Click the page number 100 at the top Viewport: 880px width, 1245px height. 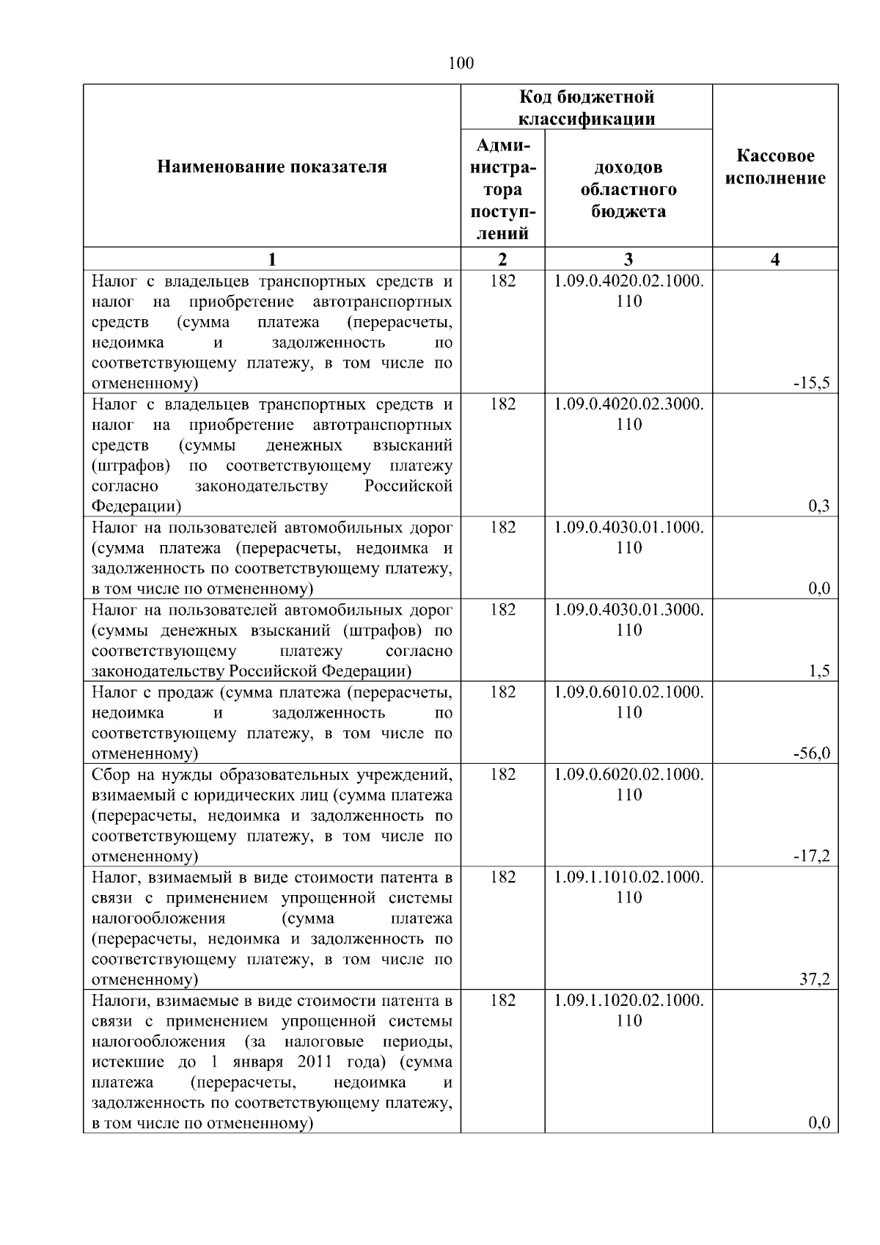461,63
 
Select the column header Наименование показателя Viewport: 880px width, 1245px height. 271,167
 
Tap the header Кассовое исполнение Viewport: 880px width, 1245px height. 775,167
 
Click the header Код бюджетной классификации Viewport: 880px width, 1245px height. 587,108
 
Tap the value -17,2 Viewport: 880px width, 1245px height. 813,856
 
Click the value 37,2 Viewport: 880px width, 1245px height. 815,979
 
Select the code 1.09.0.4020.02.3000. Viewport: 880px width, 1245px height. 628,404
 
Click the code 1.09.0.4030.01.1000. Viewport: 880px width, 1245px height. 628,527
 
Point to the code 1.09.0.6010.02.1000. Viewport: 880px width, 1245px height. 628,693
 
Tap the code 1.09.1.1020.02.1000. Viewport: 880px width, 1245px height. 628,1001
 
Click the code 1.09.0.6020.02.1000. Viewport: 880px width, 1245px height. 628,775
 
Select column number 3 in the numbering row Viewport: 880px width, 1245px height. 628,259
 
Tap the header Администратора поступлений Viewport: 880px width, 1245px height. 502,189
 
